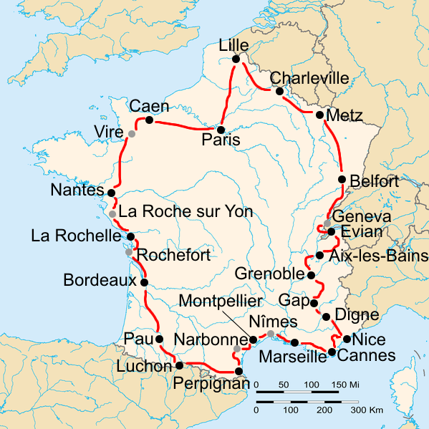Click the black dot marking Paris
(222, 130)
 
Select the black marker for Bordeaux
(144, 282)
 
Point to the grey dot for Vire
(132, 133)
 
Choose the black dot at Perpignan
(238, 371)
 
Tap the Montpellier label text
(221, 302)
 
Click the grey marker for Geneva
(327, 223)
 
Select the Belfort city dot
(342, 179)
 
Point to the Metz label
(344, 115)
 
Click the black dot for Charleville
(279, 91)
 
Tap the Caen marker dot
(149, 120)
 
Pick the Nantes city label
(78, 191)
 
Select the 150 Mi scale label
(344, 385)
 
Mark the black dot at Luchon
(179, 365)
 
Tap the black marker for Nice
(347, 339)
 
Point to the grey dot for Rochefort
(129, 252)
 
